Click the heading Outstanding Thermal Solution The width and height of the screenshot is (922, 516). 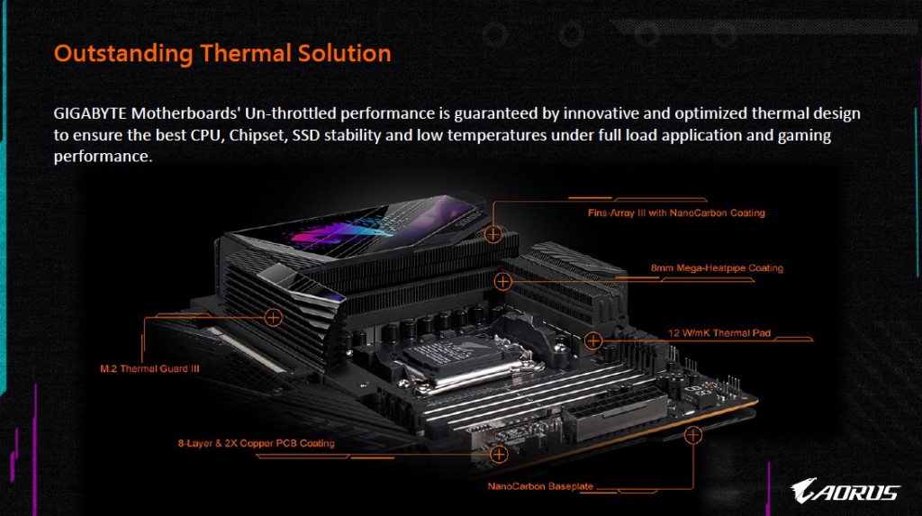tap(222, 53)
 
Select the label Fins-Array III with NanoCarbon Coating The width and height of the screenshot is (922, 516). tap(676, 213)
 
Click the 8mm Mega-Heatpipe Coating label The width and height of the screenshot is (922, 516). tap(717, 268)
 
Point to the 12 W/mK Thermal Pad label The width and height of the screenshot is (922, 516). tap(719, 333)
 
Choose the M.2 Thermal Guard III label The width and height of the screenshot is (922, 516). tap(149, 369)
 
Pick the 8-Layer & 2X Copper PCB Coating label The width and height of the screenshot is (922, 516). tap(257, 443)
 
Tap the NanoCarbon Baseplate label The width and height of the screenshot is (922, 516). tap(540, 486)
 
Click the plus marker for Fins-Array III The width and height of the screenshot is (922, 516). tap(493, 234)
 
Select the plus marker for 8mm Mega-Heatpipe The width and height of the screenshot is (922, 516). tap(502, 282)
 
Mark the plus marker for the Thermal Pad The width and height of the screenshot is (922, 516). tap(593, 340)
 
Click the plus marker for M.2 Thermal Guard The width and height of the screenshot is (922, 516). tap(273, 318)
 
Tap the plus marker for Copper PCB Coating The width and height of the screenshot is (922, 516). tap(499, 454)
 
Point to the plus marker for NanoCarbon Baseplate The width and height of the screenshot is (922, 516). tap(693, 435)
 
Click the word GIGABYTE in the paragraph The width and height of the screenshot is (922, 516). tap(90, 113)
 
